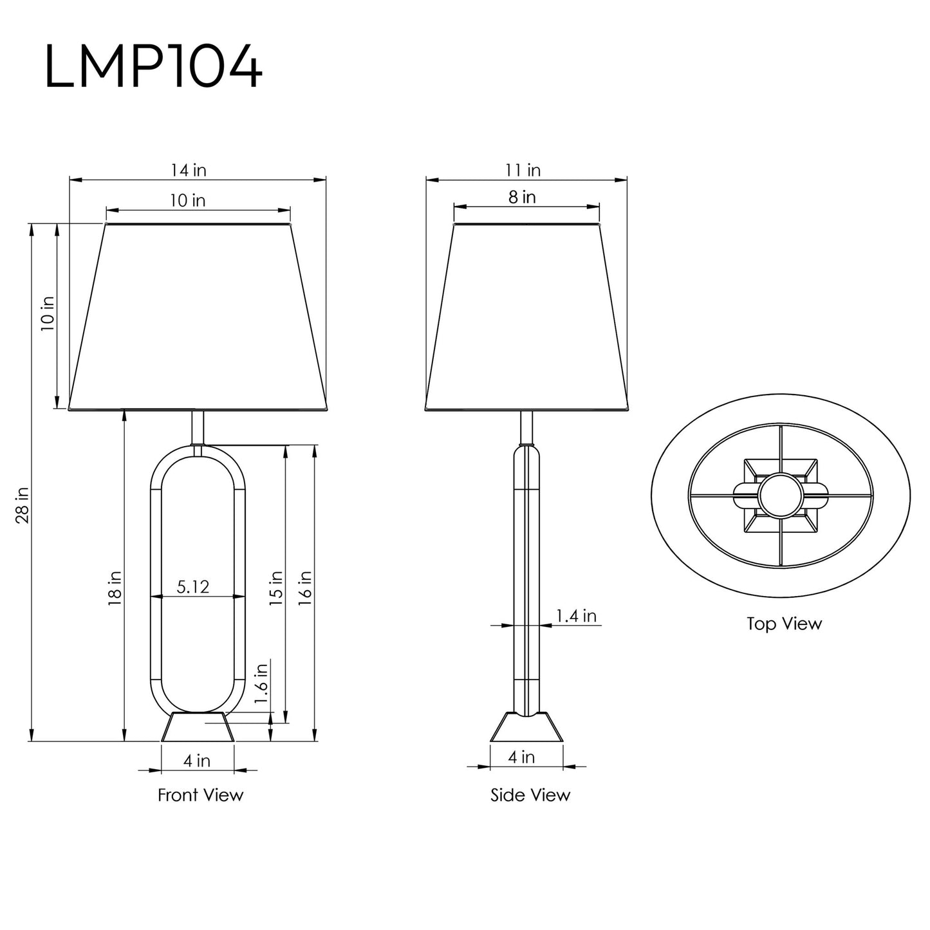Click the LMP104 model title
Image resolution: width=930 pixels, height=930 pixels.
tap(153, 66)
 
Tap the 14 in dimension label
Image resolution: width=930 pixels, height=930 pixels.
tap(189, 171)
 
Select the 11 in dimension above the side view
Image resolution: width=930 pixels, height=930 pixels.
tap(523, 171)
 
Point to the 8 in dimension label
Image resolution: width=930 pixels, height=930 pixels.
tap(522, 197)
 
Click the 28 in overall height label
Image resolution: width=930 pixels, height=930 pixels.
tap(23, 505)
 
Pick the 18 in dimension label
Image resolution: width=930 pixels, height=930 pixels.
tap(115, 589)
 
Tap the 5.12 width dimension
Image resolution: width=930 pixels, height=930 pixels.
tap(193, 587)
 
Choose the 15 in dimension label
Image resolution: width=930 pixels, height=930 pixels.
tap(275, 588)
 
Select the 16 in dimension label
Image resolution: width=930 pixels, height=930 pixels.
tap(306, 588)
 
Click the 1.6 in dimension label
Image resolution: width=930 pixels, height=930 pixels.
tap(261, 684)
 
